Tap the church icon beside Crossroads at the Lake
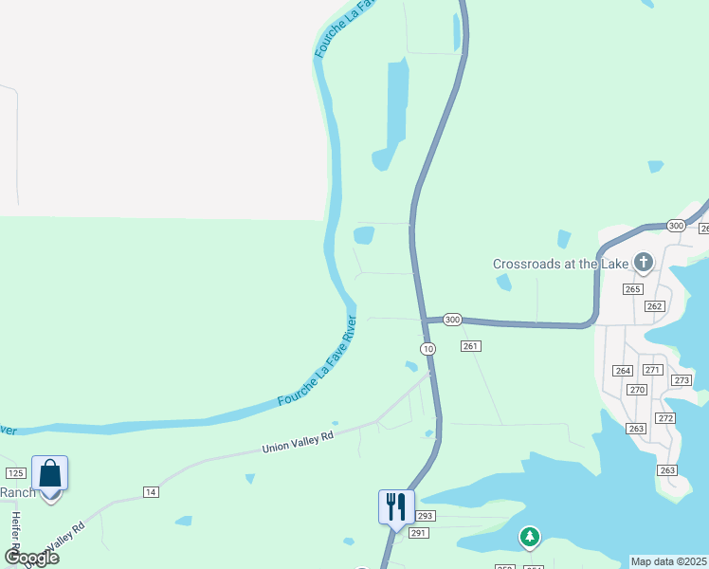click(643, 262)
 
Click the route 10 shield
click(429, 349)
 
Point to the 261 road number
click(472, 346)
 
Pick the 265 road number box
click(633, 289)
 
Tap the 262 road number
click(654, 305)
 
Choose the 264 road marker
click(623, 371)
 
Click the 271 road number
click(652, 369)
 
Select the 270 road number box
click(637, 390)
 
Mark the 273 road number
click(682, 380)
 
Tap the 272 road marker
click(665, 418)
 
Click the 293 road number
click(425, 516)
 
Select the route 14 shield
click(150, 491)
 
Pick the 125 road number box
click(15, 472)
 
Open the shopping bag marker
click(49, 475)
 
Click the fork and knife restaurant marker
click(396, 506)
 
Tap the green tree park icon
click(530, 538)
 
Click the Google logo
click(32, 557)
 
